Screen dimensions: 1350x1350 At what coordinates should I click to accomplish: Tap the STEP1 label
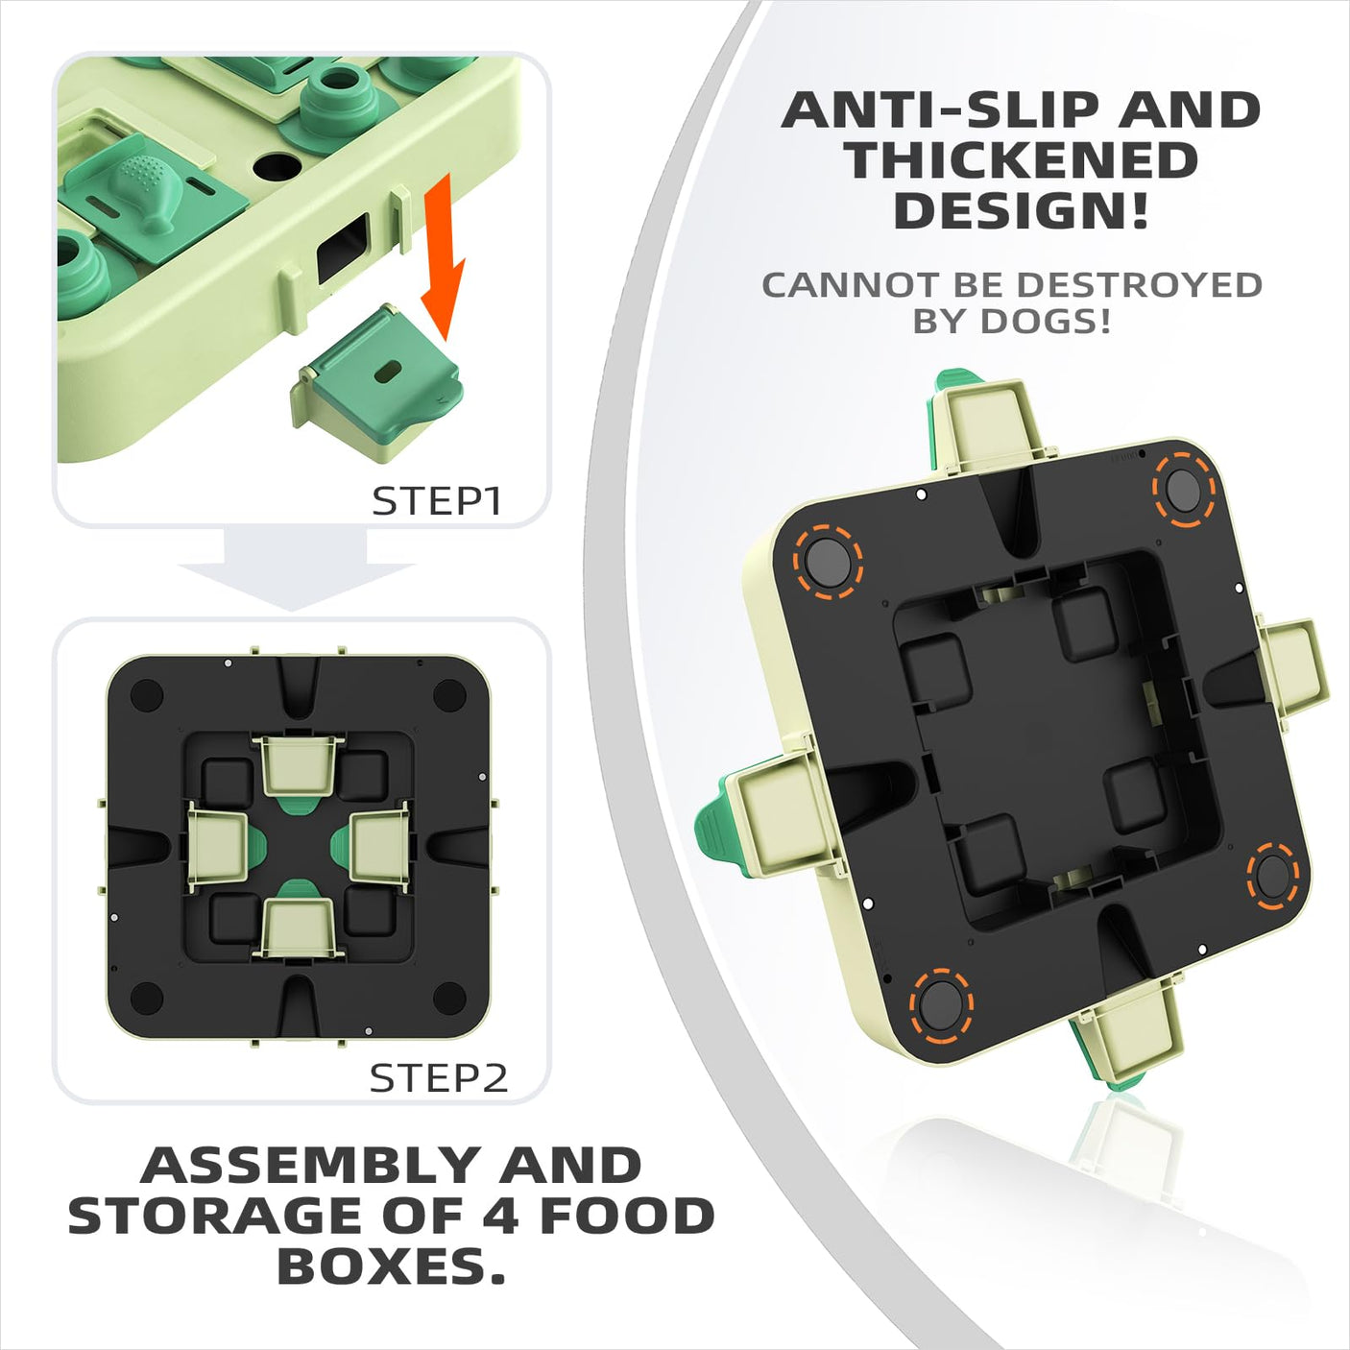click(x=437, y=501)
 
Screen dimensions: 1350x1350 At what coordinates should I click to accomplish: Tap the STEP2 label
click(x=438, y=1078)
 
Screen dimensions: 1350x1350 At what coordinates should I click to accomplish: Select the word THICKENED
click(x=1021, y=160)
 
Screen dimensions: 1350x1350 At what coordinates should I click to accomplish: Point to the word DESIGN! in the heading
click(x=1022, y=211)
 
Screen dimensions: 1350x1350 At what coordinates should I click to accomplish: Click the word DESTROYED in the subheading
click(x=1139, y=285)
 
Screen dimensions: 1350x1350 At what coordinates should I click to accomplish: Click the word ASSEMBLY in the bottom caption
click(x=305, y=1167)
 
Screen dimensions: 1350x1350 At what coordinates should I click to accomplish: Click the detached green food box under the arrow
click(x=377, y=382)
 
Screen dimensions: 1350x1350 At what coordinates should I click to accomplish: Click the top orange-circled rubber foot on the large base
click(x=1183, y=489)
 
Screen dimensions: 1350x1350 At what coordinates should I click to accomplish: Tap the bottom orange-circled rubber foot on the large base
click(x=941, y=1004)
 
